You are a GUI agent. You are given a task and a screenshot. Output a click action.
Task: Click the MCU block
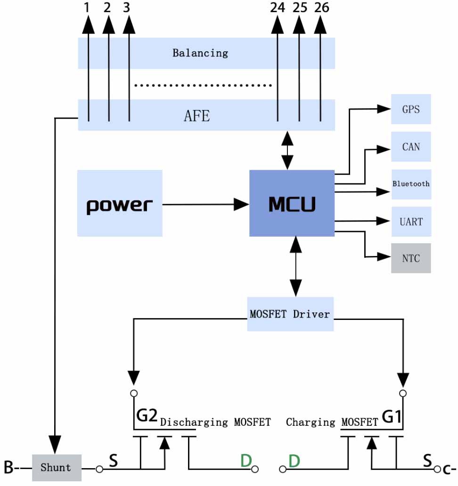pos(291,203)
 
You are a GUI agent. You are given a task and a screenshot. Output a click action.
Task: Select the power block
pos(120,203)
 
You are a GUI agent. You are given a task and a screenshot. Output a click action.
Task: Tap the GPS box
pos(411,109)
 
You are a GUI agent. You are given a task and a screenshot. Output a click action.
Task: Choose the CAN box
pos(411,146)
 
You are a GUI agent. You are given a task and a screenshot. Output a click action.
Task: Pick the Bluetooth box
pos(411,183)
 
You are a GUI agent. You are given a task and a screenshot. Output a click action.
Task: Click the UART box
pos(411,221)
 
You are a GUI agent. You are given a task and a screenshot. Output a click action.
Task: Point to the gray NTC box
pos(411,258)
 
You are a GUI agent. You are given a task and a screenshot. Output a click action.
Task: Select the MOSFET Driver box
pos(290,313)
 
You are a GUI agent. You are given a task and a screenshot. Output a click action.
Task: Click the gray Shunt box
pos(57,468)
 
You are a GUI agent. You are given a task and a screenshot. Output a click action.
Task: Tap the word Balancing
pos(200,53)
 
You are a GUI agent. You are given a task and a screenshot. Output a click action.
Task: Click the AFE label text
pos(196,115)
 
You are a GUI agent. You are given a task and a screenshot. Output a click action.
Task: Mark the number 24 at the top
pos(277,8)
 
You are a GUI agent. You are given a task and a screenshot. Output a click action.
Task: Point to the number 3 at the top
pos(127,8)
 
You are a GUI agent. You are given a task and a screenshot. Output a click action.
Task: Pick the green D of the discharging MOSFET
pos(245,461)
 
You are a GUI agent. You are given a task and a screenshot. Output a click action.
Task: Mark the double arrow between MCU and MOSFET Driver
pos(295,266)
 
